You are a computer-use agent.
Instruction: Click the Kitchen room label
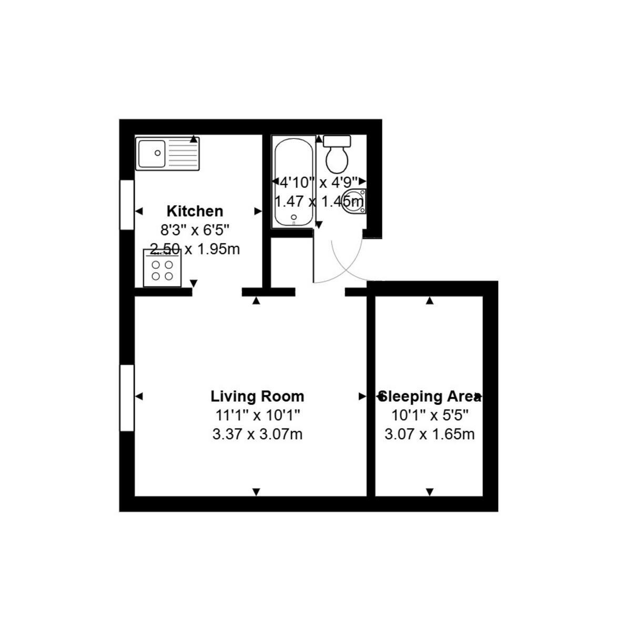coord(195,211)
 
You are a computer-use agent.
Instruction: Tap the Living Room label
coord(257,396)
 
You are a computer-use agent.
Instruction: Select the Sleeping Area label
coord(430,396)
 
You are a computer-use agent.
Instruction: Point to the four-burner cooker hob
coord(162,269)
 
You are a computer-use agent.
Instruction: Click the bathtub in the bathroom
coord(293,181)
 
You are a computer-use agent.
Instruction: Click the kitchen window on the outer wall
coord(127,205)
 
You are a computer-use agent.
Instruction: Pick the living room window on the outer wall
coord(127,398)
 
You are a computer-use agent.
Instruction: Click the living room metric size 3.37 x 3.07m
coord(257,434)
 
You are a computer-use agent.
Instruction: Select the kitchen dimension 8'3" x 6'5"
coord(195,230)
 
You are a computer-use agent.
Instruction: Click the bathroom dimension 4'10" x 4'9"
coord(319,182)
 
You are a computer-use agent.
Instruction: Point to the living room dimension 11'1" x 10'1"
coord(257,415)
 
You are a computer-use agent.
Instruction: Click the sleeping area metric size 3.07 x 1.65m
coord(430,434)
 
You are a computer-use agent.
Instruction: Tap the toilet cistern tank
coord(337,140)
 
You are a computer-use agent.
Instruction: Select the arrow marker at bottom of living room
coord(256,492)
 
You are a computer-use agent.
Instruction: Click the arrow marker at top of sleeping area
coord(430,301)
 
